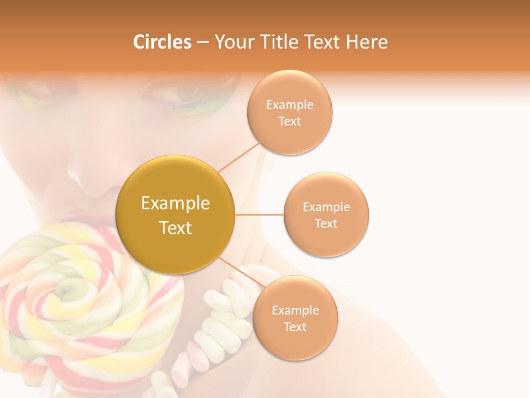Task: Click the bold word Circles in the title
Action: point(162,41)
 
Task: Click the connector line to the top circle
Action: point(239,157)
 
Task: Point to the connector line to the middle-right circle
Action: point(259,214)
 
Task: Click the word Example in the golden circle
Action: point(176,203)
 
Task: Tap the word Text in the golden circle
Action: point(176,228)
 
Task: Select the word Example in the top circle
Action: point(290,105)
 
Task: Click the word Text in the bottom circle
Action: point(295,327)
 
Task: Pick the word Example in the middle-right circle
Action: point(326,207)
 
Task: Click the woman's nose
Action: point(91,177)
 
